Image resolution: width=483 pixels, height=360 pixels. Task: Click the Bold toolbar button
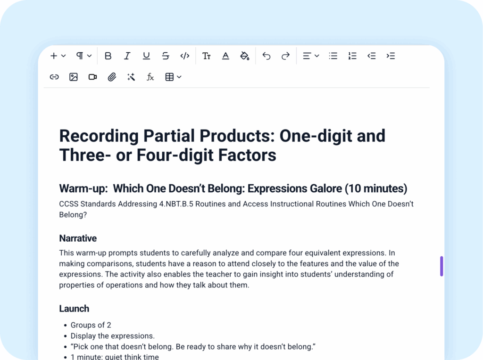(x=108, y=56)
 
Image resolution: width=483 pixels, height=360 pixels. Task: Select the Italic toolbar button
(x=127, y=56)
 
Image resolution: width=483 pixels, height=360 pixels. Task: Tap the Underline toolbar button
(x=146, y=56)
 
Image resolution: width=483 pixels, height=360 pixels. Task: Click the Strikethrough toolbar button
(x=166, y=56)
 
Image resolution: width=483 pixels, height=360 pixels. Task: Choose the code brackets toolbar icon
(x=185, y=56)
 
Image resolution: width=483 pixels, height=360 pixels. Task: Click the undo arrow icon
(x=266, y=56)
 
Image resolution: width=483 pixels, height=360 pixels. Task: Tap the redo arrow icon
(x=285, y=56)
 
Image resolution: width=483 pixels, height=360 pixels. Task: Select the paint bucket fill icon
(x=244, y=56)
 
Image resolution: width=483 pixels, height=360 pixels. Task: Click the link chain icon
(x=54, y=77)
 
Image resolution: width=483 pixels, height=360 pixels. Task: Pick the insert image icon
(x=74, y=77)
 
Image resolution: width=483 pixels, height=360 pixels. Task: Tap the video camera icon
(x=92, y=77)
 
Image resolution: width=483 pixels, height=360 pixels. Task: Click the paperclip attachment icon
(x=112, y=77)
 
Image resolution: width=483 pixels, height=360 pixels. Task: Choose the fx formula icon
(x=150, y=77)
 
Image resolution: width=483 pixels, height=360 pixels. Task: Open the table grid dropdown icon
(x=173, y=77)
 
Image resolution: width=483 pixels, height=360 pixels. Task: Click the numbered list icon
(x=352, y=56)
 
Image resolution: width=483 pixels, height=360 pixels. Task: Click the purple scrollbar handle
(x=441, y=266)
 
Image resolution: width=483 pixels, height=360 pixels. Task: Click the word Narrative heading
(x=78, y=238)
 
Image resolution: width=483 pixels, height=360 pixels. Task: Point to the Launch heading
(x=74, y=309)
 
